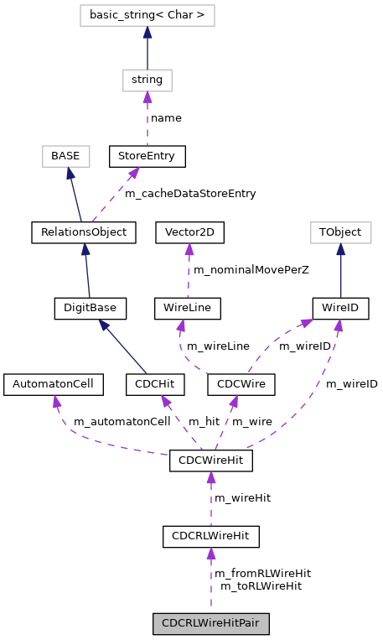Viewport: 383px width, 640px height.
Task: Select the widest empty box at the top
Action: tap(148, 15)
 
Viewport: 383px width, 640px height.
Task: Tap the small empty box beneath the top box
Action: tap(148, 81)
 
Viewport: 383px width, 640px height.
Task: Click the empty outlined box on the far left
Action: tap(66, 156)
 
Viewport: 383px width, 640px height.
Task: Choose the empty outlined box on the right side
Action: tap(341, 232)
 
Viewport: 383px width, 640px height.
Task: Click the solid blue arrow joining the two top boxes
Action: tap(148, 50)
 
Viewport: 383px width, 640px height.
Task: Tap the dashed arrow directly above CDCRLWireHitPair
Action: tap(211, 579)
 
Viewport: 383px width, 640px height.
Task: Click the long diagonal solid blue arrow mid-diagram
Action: tap(122, 346)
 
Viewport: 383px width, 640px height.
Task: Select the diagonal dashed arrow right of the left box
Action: tap(114, 195)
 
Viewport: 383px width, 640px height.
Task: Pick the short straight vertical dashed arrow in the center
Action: tap(189, 270)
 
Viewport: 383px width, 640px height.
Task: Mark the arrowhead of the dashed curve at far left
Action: tap(56, 402)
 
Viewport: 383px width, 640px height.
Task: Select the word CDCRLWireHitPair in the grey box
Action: tap(210, 624)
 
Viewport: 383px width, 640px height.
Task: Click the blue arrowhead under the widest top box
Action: tap(148, 33)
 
